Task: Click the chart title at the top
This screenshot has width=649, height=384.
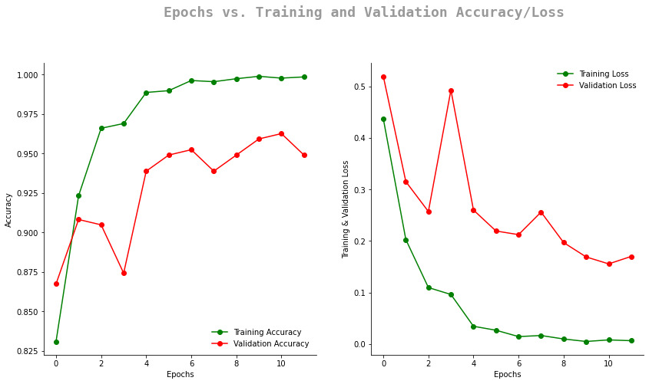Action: [363, 12]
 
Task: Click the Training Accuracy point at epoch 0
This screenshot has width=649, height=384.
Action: [56, 342]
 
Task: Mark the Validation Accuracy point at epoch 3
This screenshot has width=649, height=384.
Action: [124, 273]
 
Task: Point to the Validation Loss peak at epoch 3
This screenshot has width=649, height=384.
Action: [451, 90]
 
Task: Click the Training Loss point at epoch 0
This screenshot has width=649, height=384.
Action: [383, 119]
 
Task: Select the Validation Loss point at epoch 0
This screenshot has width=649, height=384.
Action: [383, 77]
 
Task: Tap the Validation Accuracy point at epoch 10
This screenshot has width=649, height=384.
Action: [281, 133]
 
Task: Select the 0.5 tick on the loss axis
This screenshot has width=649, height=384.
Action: [359, 87]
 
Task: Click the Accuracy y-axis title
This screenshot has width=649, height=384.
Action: [8, 209]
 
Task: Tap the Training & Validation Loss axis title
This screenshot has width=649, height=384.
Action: [346, 209]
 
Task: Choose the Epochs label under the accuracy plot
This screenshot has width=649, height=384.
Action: [180, 375]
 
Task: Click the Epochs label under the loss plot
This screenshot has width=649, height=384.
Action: [507, 375]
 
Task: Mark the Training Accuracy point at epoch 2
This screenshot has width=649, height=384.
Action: [101, 128]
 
